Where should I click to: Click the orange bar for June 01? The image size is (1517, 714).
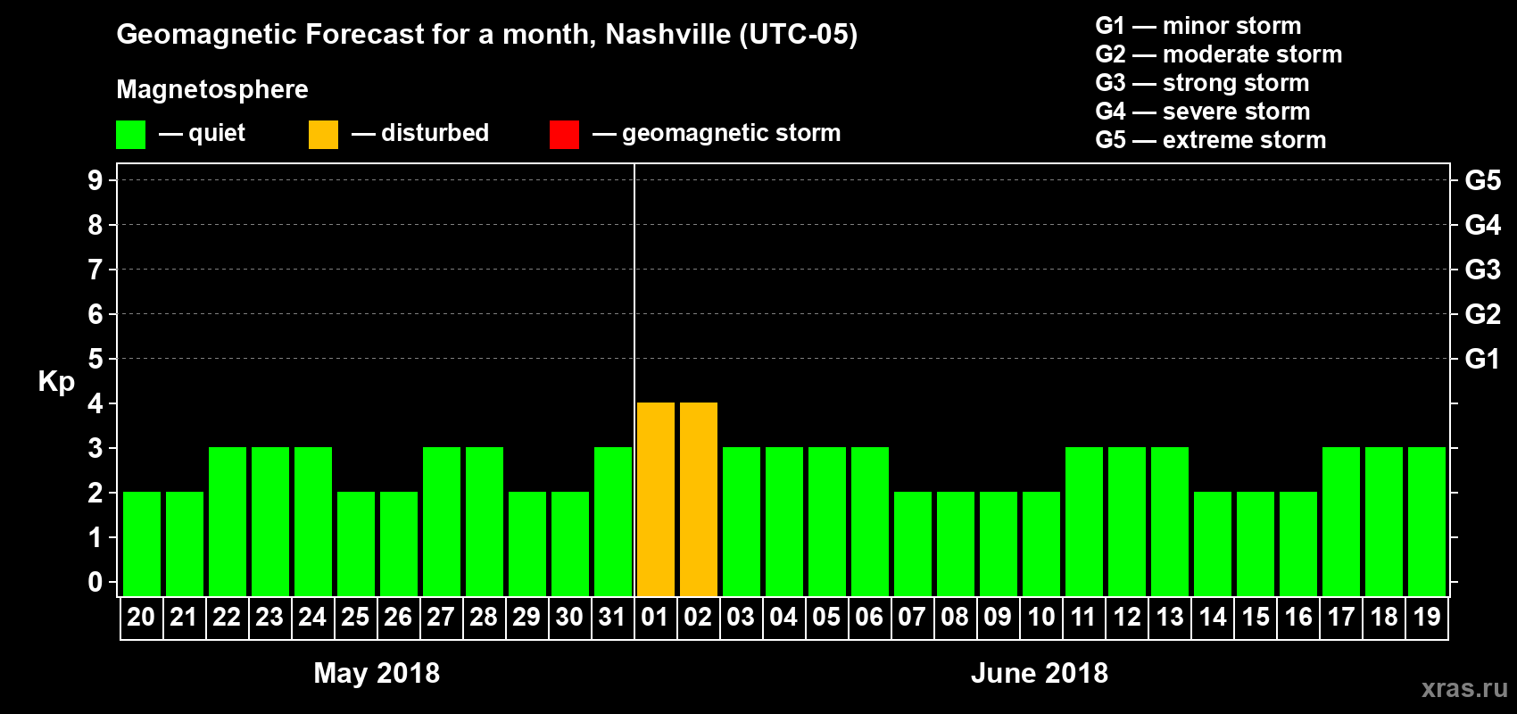pos(656,499)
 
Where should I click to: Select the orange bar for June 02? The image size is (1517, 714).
pos(699,499)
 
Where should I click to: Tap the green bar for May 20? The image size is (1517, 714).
pos(142,544)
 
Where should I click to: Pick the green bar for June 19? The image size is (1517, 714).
pos(1427,521)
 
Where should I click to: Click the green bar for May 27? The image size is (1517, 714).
pos(442,521)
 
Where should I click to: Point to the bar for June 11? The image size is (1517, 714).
pos(1084,521)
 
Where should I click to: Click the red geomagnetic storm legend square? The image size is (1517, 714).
pos(564,135)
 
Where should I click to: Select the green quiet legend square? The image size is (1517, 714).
pos(130,135)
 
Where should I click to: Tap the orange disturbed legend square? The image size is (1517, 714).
pos(323,135)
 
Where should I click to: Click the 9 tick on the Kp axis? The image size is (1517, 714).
pos(95,180)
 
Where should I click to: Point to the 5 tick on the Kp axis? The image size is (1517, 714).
pos(95,359)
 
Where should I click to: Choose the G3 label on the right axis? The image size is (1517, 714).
pos(1482,270)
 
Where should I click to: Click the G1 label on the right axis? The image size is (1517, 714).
pos(1482,359)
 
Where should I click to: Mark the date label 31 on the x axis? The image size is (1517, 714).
pos(612,618)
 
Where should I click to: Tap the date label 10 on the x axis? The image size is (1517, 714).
pos(1040,618)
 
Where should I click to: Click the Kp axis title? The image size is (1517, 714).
pos(56,382)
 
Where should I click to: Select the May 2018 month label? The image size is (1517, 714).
pos(377,673)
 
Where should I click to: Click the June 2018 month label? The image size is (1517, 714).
pos(1040,673)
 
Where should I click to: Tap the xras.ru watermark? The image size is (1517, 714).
pos(1464,688)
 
